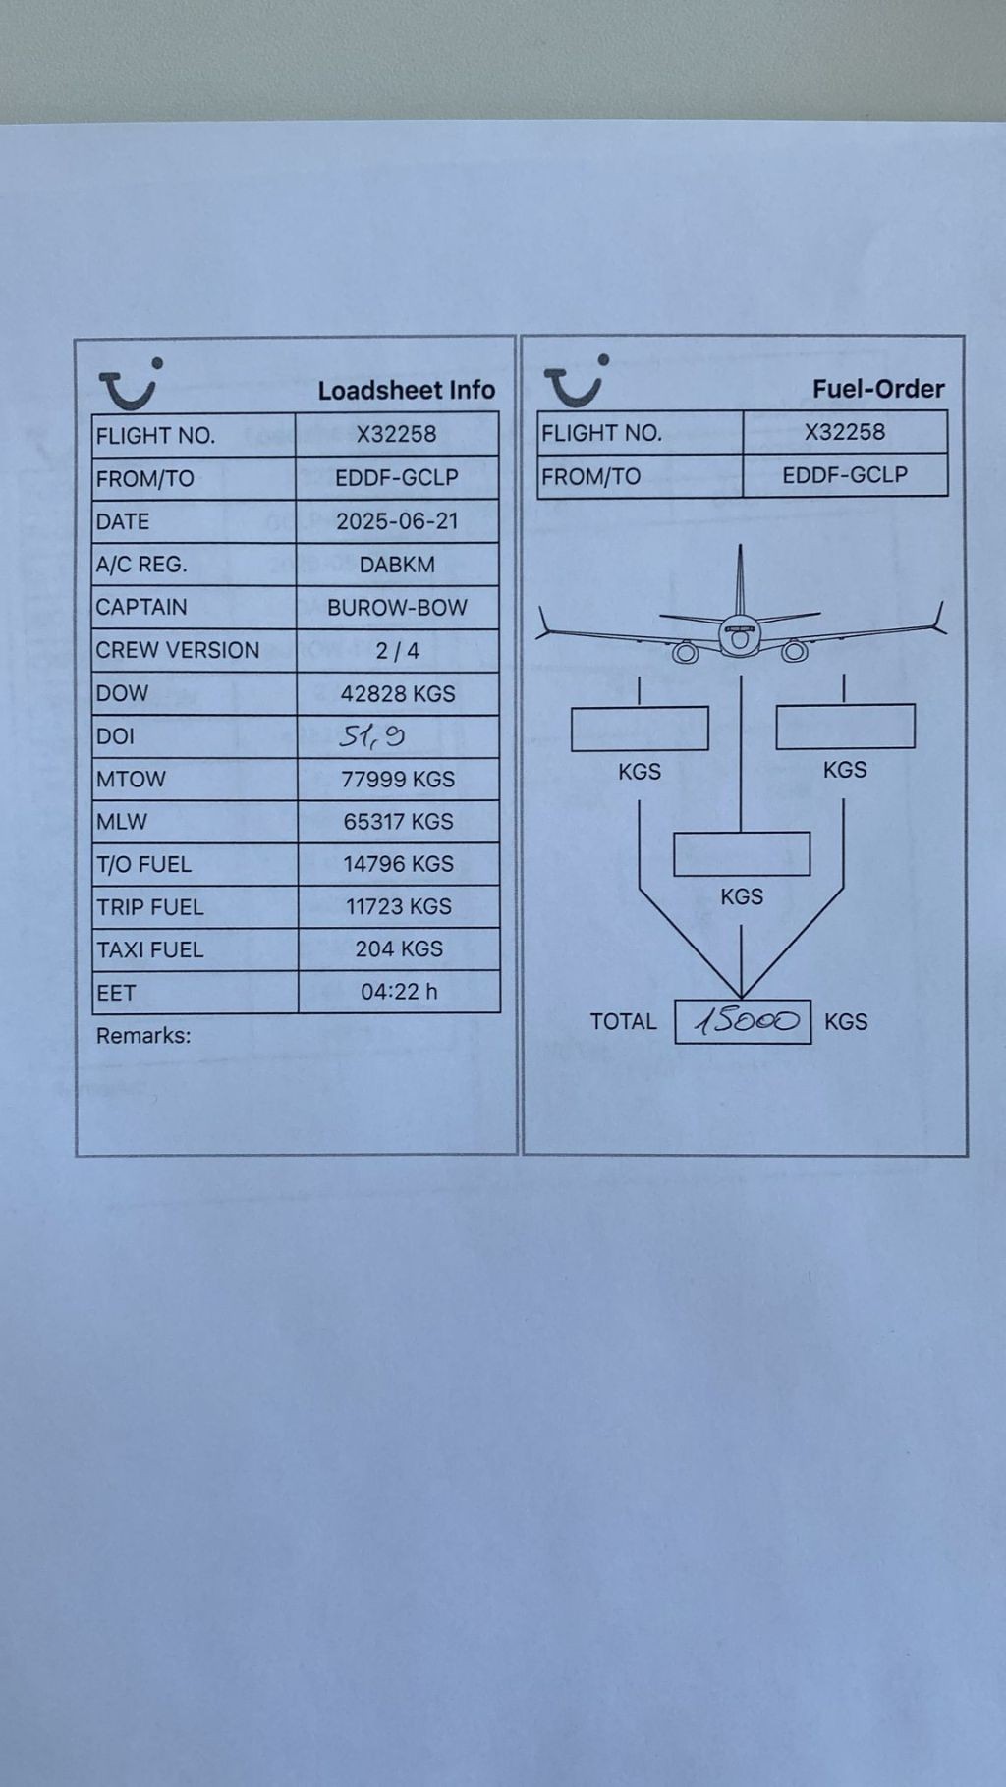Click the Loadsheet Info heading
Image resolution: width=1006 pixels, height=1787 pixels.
[406, 390]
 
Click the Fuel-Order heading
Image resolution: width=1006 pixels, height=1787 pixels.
[877, 389]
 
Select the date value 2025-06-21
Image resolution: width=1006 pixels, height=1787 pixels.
[397, 521]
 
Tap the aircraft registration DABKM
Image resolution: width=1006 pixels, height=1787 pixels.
[397, 565]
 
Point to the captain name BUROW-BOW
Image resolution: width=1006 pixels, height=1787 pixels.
[397, 608]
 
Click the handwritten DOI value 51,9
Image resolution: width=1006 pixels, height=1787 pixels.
[372, 735]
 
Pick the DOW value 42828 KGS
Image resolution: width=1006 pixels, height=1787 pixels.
[398, 694]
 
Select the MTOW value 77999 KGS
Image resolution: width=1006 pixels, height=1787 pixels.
[398, 780]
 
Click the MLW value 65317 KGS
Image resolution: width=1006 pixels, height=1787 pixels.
[398, 822]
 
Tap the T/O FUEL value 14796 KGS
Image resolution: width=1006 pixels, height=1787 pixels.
[398, 864]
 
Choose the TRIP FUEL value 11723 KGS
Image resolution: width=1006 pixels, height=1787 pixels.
[398, 906]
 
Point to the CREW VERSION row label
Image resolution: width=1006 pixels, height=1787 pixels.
[178, 650]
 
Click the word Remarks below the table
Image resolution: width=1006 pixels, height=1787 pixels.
[143, 1035]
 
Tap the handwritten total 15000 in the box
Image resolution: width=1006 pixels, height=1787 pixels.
[745, 1022]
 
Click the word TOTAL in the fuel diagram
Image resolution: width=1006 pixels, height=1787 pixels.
[623, 1022]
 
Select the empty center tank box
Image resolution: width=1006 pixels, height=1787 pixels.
[742, 854]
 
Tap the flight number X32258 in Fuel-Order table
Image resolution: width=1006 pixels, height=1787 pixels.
[845, 432]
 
